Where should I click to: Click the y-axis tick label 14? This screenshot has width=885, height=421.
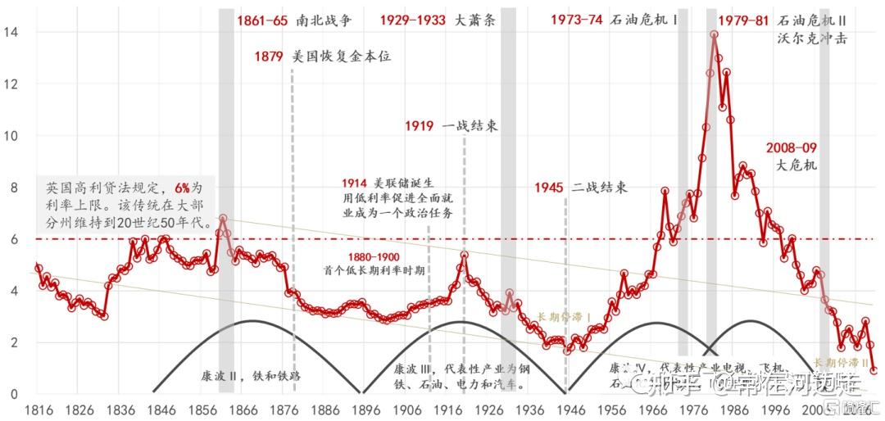click(x=11, y=32)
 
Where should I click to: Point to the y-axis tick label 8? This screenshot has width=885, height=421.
click(x=11, y=188)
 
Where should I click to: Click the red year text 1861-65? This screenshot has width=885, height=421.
click(x=262, y=21)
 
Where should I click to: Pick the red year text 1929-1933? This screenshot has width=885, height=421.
click(x=414, y=21)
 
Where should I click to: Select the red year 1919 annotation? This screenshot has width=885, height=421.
click(x=419, y=126)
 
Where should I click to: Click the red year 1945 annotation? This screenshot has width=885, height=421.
click(x=548, y=188)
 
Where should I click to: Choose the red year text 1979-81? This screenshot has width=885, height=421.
click(x=743, y=21)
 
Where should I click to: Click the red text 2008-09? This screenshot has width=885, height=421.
click(x=792, y=148)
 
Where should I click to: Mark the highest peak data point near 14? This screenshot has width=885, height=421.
click(x=715, y=35)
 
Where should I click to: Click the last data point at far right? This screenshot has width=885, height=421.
click(x=874, y=370)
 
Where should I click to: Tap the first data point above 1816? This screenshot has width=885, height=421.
click(x=38, y=268)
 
